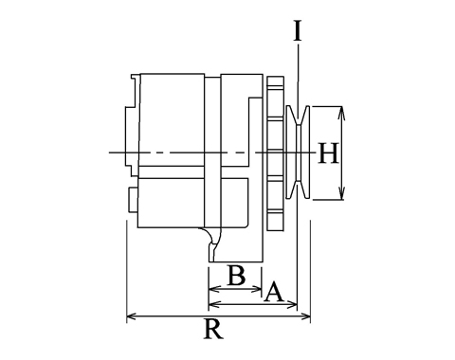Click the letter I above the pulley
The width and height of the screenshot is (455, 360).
click(x=298, y=30)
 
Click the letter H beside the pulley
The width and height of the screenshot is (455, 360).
click(x=329, y=153)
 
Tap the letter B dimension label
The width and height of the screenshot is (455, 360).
click(x=236, y=276)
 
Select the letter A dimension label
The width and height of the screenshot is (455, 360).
click(x=274, y=293)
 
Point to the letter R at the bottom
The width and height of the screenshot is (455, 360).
click(x=214, y=329)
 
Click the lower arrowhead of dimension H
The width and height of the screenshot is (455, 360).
click(x=341, y=193)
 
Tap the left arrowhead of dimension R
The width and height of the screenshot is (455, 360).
click(x=132, y=316)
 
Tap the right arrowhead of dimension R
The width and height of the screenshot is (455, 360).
click(x=305, y=316)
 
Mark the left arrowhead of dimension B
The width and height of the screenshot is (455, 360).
click(x=214, y=289)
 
